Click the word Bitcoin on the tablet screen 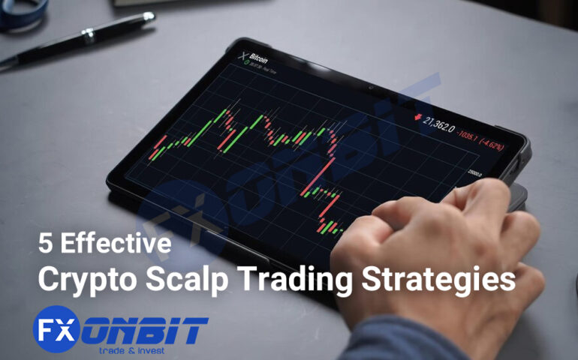[258, 57]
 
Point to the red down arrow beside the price [417, 118]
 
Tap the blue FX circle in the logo [56, 327]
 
